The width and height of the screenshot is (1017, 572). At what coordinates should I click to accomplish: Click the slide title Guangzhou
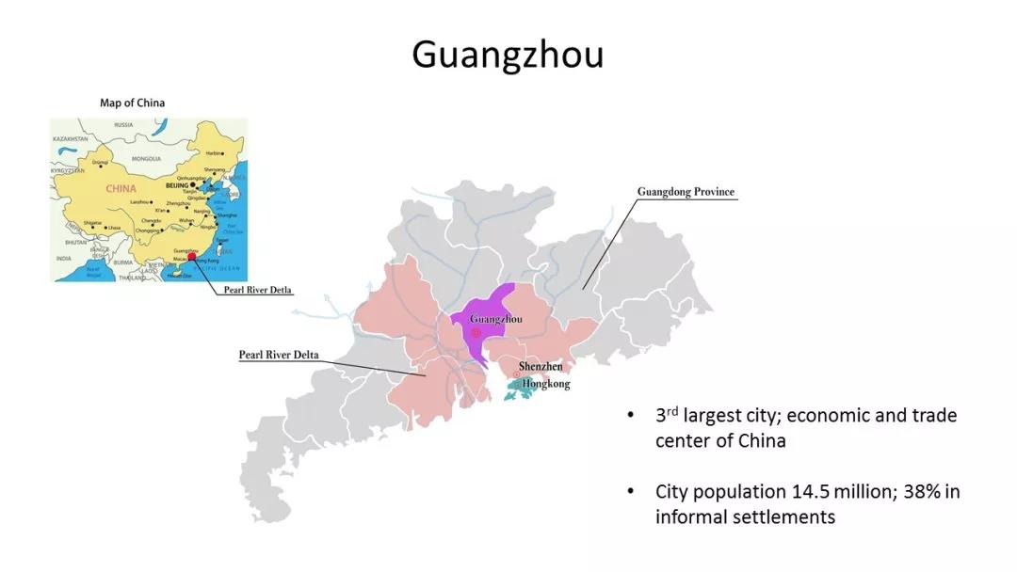508,55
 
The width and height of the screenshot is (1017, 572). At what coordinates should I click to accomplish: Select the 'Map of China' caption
133,103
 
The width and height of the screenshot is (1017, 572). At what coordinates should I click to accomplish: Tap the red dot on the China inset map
192,256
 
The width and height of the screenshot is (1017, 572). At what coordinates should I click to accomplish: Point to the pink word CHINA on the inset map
121,188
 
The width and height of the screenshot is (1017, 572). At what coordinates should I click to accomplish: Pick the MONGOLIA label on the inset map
147,159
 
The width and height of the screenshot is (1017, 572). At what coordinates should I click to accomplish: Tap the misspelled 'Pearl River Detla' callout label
257,291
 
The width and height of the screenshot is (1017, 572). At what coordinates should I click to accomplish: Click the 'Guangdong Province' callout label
686,192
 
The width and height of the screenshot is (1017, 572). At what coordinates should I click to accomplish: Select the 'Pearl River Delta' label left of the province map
279,355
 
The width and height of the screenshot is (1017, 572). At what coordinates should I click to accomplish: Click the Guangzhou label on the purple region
495,319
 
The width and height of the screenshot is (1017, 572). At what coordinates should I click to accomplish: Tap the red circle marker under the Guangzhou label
476,333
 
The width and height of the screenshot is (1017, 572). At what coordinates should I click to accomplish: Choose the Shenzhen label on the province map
541,366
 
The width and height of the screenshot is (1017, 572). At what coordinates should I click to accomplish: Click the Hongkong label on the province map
546,384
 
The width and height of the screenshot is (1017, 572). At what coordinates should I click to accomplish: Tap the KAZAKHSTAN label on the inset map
71,138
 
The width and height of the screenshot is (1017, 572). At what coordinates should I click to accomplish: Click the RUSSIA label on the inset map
123,124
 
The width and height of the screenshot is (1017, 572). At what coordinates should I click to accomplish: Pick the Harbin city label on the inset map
215,152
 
